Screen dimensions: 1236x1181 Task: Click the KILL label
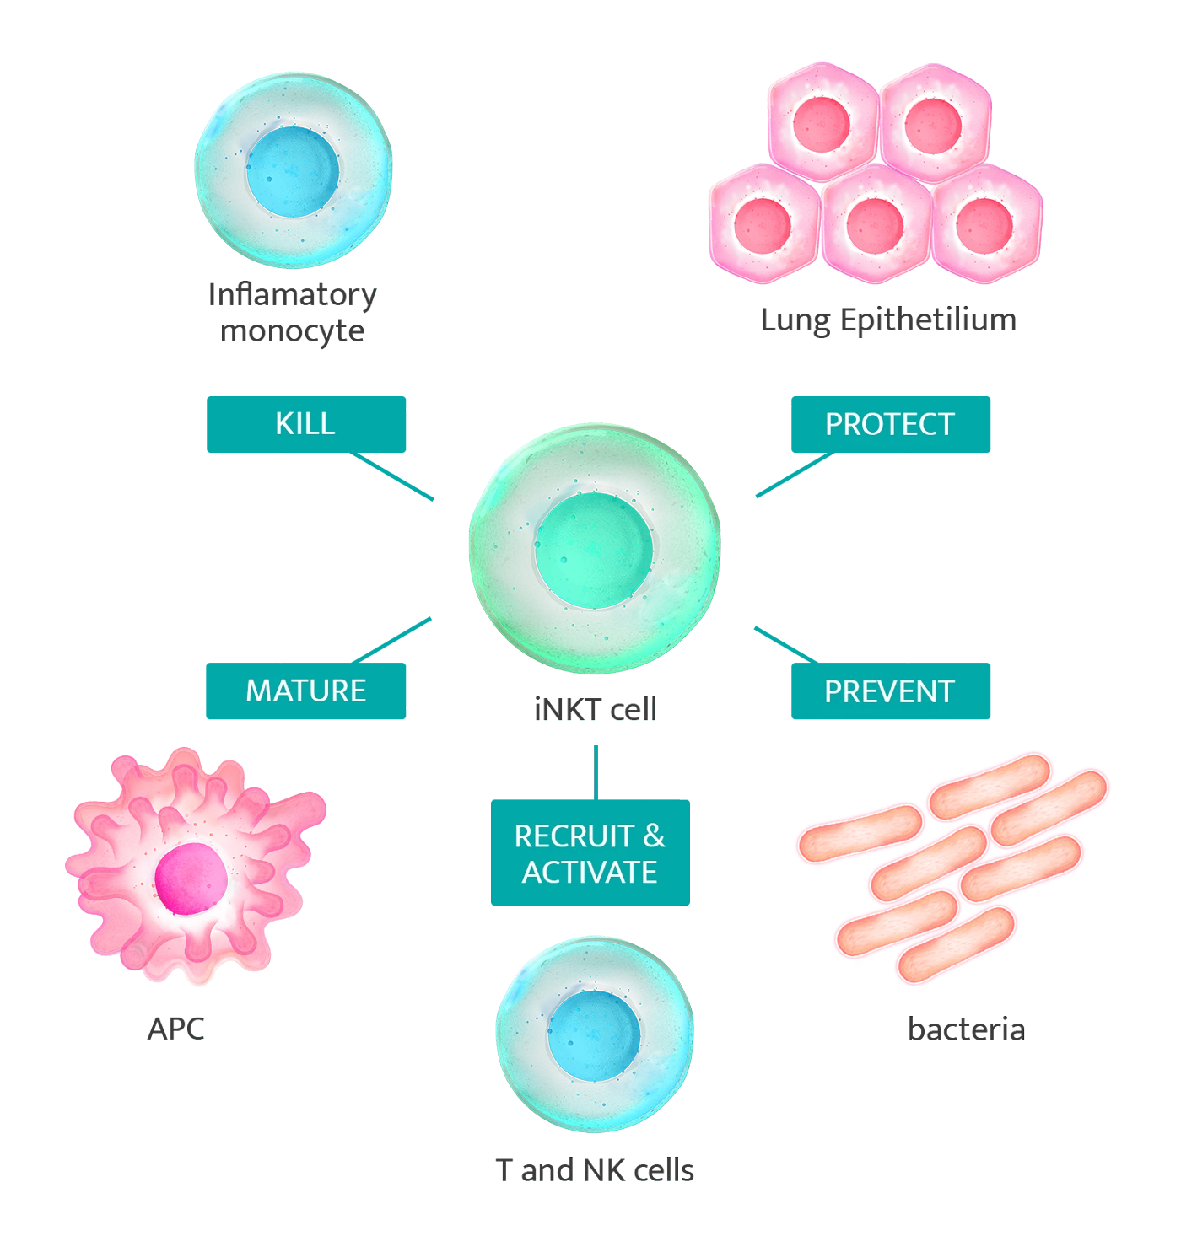pyautogui.click(x=305, y=423)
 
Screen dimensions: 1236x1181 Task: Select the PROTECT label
pyautogui.click(x=889, y=424)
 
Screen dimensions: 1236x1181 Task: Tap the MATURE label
pyautogui.click(x=305, y=691)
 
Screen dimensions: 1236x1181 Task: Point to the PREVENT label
pyautogui.click(x=888, y=692)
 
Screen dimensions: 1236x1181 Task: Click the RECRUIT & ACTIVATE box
pyautogui.click(x=590, y=854)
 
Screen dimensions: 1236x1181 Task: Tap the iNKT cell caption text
pyautogui.click(x=596, y=709)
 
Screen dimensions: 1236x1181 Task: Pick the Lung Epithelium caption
pyautogui.click(x=887, y=320)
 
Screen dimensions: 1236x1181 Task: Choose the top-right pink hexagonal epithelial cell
pyautogui.click(x=934, y=121)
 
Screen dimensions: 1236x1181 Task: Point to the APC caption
pyautogui.click(x=175, y=1029)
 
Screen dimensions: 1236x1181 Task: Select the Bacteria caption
pyautogui.click(x=965, y=1029)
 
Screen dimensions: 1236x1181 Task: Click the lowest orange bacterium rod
pyautogui.click(x=957, y=943)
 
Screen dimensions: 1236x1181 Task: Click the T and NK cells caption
pyautogui.click(x=595, y=1170)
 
